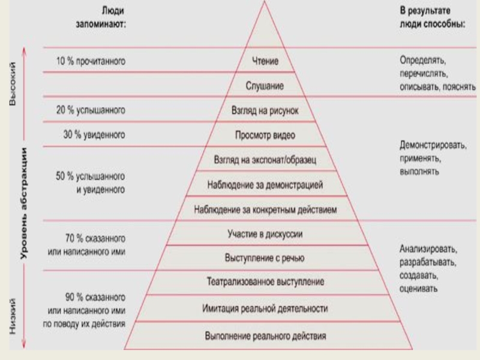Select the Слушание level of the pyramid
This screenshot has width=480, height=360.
pyautogui.click(x=264, y=86)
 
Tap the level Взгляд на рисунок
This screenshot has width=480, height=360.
pyautogui.click(x=264, y=111)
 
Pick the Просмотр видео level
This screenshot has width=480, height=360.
pyautogui.click(x=265, y=136)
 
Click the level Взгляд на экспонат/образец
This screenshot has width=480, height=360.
pyautogui.click(x=265, y=160)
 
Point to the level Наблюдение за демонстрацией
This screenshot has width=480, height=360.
pyautogui.click(x=265, y=185)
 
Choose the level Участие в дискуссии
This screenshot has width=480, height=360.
pyautogui.click(x=265, y=233)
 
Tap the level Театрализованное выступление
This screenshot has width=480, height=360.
pyautogui.click(x=265, y=282)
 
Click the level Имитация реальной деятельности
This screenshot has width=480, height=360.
pyautogui.click(x=265, y=308)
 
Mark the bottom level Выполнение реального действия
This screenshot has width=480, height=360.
pyautogui.click(x=265, y=336)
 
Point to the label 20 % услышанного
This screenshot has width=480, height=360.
pyautogui.click(x=91, y=111)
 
